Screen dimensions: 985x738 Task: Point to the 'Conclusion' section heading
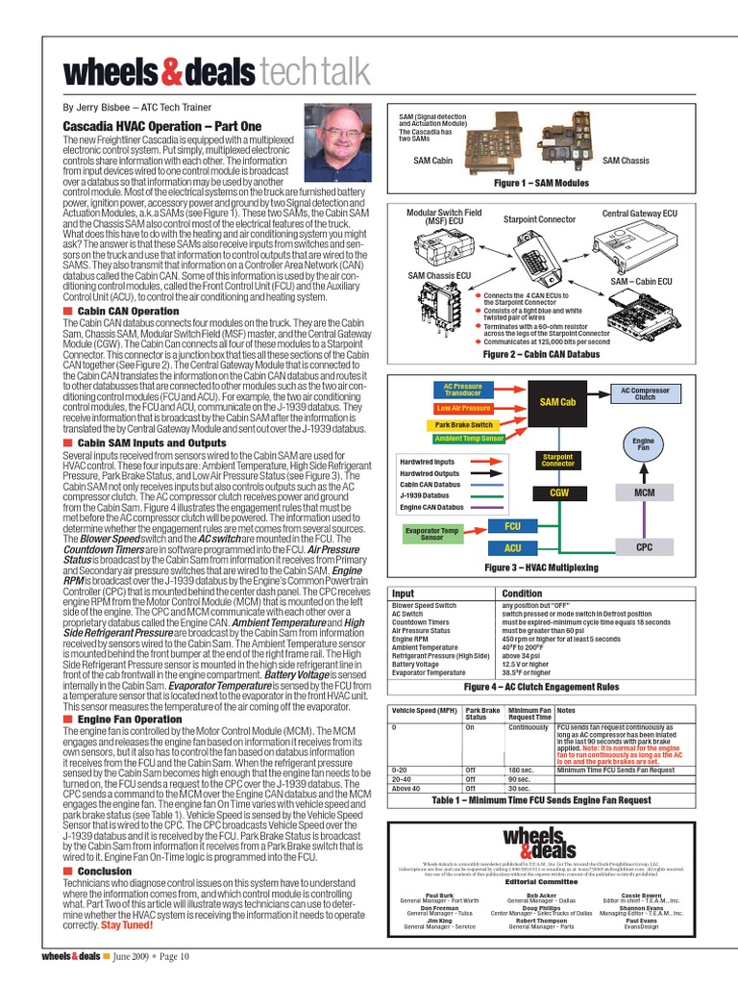(x=105, y=871)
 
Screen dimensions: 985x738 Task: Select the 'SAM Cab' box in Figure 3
(x=557, y=401)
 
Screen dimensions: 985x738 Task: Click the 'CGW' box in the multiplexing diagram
(x=558, y=492)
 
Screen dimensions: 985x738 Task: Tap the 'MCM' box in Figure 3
(x=644, y=492)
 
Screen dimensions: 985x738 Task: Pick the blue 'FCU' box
(x=513, y=527)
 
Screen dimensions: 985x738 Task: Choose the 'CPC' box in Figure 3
(x=644, y=546)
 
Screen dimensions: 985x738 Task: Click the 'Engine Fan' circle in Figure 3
(x=643, y=444)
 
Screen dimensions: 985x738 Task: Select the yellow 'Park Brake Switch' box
(x=463, y=424)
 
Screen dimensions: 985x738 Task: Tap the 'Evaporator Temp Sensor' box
(x=430, y=534)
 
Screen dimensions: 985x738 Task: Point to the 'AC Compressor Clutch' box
(x=645, y=393)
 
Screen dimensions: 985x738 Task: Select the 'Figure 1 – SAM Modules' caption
(x=541, y=181)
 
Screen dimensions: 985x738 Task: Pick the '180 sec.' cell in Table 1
(x=521, y=770)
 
